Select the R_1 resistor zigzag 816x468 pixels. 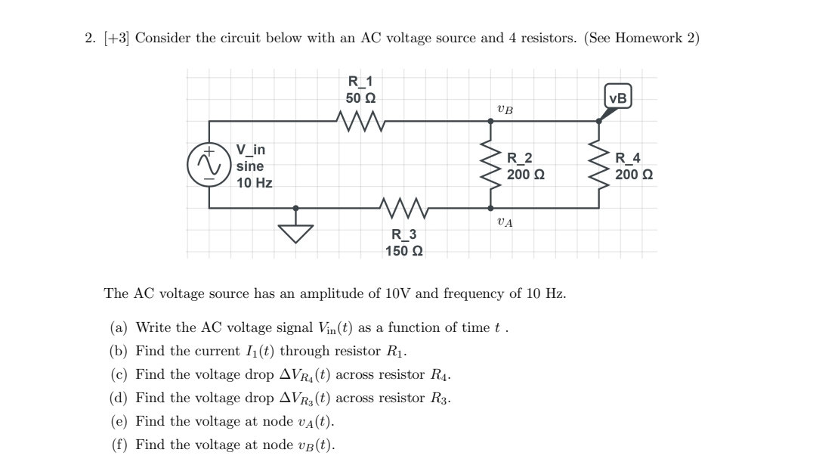pos(361,119)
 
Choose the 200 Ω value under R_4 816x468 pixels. pos(634,174)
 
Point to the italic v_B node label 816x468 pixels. pos(505,110)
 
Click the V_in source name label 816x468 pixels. pos(251,150)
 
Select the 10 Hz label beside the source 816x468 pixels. pos(253,182)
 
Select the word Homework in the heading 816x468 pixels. pos(651,39)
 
